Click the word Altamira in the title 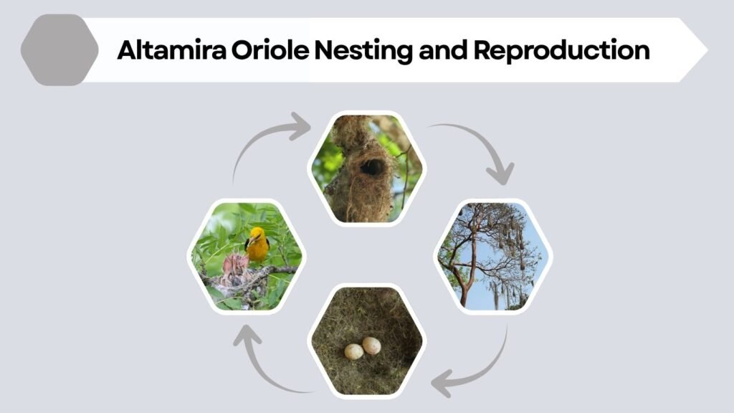tap(160, 50)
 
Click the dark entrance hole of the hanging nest tap(372, 168)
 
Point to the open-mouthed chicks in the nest tap(235, 268)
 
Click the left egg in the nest tap(353, 351)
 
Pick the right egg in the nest tap(371, 346)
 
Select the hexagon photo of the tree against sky tap(493, 256)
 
